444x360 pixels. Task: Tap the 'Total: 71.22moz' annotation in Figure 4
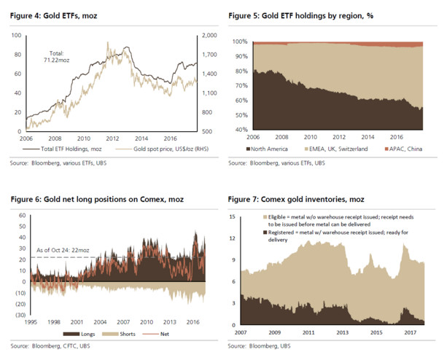click(x=56, y=56)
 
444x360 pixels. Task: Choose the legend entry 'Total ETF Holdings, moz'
click(x=63, y=149)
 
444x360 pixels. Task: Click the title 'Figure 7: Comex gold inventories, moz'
click(x=295, y=198)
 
